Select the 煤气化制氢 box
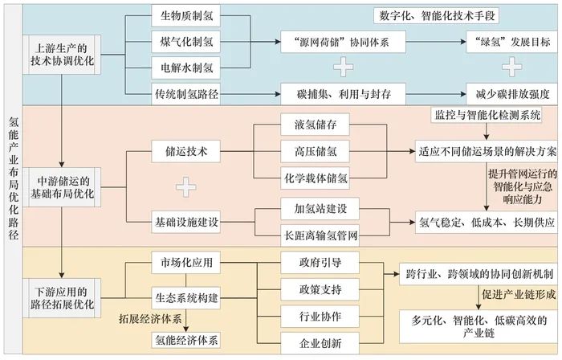tap(185, 39)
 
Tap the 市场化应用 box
tap(186, 261)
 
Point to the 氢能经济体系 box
tap(186, 338)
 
